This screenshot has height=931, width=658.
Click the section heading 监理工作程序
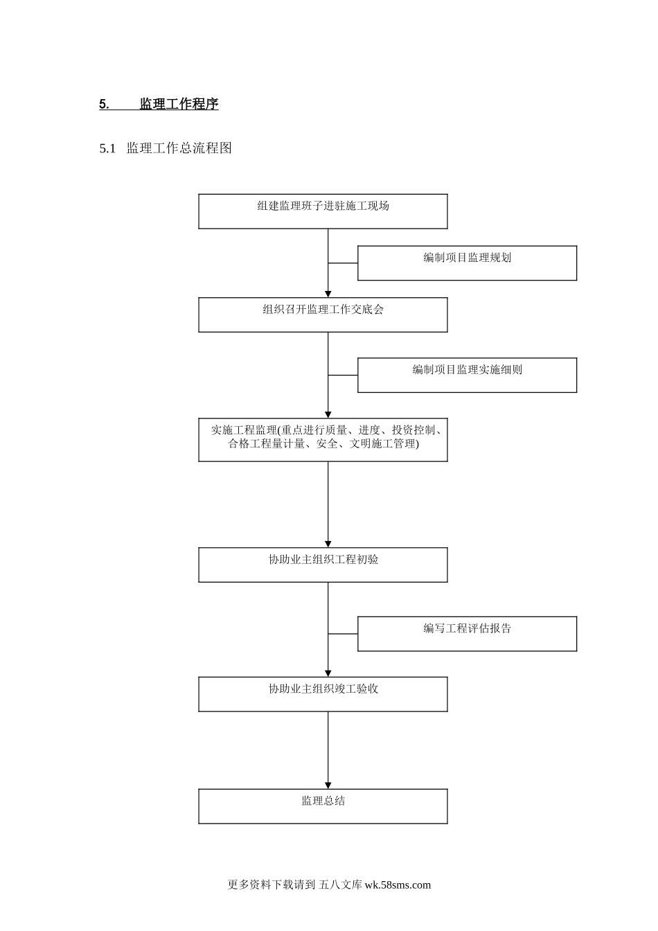pyautogui.click(x=179, y=105)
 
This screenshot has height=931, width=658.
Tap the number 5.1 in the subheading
pyautogui.click(x=107, y=148)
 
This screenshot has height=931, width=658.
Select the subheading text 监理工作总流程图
pyautogui.click(x=179, y=148)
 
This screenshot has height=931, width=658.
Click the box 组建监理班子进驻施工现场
pyautogui.click(x=323, y=211)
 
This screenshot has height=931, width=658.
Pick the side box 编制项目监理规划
pyautogui.click(x=467, y=263)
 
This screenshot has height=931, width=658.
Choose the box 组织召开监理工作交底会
pyautogui.click(x=323, y=315)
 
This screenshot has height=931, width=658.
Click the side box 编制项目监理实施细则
pyautogui.click(x=467, y=375)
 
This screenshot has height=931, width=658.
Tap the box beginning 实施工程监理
pyautogui.click(x=323, y=440)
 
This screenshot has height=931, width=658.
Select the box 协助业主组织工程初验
pyautogui.click(x=323, y=565)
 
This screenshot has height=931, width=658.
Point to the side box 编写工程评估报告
pyautogui.click(x=467, y=634)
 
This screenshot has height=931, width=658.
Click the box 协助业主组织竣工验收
pyautogui.click(x=323, y=694)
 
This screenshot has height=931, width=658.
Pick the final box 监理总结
pyautogui.click(x=323, y=806)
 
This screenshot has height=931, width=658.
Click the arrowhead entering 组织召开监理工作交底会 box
pyautogui.click(x=328, y=294)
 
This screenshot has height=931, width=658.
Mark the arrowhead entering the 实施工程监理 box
pyautogui.click(x=328, y=414)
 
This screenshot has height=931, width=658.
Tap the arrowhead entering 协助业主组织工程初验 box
pyautogui.click(x=328, y=544)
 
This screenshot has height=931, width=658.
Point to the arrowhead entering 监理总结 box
pyautogui.click(x=328, y=785)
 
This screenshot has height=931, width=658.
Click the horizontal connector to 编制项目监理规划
pyautogui.click(x=343, y=263)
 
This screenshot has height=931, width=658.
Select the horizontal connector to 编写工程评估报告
pyautogui.click(x=343, y=634)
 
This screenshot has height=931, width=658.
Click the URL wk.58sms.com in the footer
pyautogui.click(x=398, y=885)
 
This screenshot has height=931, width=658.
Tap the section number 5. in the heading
pyautogui.click(x=104, y=105)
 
